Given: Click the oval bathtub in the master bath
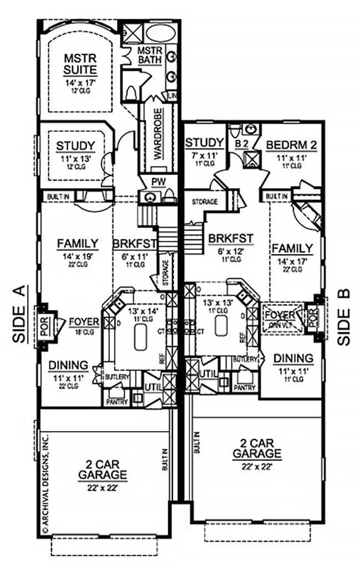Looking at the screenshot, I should click(x=160, y=33).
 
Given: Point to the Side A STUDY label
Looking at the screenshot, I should click(x=75, y=146).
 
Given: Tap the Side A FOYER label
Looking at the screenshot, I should click(x=84, y=322).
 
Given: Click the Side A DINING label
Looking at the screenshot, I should click(x=68, y=366).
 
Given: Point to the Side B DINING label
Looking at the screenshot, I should click(x=293, y=358).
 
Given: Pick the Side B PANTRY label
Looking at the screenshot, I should click(x=244, y=388).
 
